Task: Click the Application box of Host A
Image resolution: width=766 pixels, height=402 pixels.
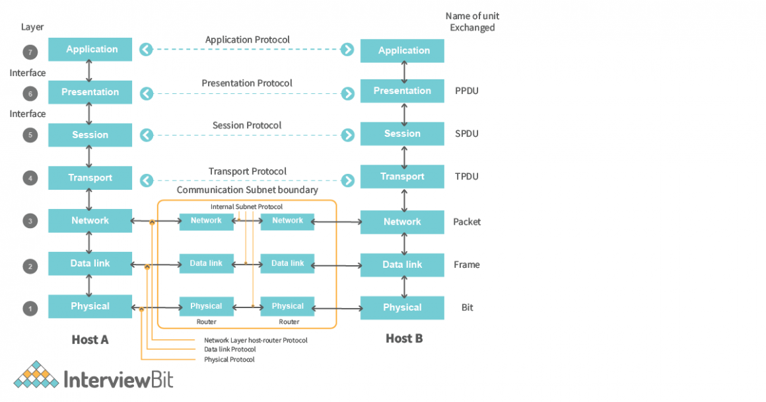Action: coord(90,50)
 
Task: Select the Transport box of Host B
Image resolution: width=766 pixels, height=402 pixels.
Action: coord(402,177)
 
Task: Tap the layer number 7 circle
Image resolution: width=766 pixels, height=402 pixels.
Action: coord(29,51)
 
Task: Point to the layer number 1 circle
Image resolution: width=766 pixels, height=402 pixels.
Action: coord(29,308)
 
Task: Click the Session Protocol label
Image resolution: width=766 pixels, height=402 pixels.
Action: coord(247,126)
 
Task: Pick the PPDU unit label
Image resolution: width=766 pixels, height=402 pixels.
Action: coord(467,91)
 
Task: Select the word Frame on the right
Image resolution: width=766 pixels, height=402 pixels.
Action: coord(467,264)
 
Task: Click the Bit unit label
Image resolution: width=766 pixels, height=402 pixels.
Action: coord(467,307)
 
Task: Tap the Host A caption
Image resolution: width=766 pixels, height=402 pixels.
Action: coord(90,340)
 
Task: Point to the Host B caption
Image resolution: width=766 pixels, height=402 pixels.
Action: coord(403,339)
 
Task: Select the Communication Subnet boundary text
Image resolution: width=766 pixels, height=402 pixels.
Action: coord(247,190)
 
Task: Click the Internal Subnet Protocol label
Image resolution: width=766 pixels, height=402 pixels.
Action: coord(246,207)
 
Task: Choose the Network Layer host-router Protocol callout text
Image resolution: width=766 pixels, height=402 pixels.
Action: coord(256,341)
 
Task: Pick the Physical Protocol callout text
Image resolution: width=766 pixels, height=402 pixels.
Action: coord(229,360)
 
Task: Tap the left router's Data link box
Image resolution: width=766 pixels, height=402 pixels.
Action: coord(206,263)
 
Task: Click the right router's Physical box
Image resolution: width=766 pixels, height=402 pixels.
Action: coord(288,306)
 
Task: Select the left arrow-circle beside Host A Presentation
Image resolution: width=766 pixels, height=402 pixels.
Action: coord(146,93)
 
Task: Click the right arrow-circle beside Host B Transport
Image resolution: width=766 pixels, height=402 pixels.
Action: coord(348,180)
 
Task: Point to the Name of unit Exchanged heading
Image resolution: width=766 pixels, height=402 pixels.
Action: coord(472,22)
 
